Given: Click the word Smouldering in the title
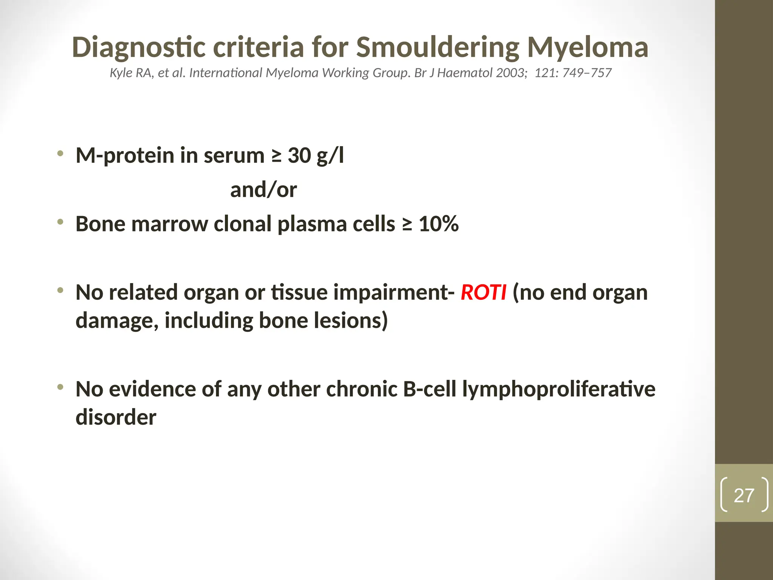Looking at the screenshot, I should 438,48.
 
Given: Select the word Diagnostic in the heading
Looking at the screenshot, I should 139,48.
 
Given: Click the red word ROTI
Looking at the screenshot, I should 483,293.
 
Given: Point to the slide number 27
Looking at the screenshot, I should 744,495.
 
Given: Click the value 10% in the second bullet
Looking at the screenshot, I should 439,224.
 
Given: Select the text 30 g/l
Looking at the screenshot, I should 316,156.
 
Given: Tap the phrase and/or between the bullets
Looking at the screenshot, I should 263,190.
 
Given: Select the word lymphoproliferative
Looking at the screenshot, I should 559,389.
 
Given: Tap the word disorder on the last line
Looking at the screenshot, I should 116,417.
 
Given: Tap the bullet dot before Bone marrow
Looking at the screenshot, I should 60,222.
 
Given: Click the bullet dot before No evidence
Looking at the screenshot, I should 60,387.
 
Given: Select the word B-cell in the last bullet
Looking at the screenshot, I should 430,389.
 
